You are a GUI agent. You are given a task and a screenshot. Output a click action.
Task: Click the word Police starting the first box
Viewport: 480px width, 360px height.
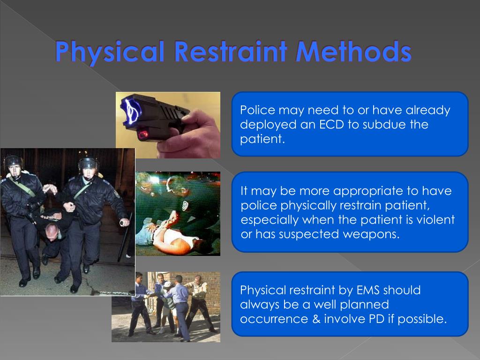pyautogui.click(x=257, y=111)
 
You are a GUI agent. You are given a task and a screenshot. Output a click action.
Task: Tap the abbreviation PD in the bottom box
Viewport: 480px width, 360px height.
pyautogui.click(x=388, y=319)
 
